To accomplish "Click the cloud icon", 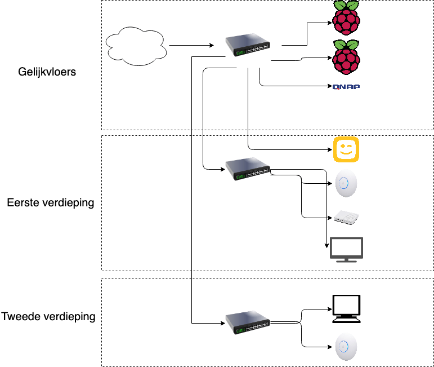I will (136, 45).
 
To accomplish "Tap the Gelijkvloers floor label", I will (47, 72).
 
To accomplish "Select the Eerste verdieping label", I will (50, 202).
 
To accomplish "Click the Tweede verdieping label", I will (48, 317).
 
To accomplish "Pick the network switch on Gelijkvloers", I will (248, 46).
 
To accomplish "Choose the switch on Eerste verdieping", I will (248, 169).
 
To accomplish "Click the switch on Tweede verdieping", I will (248, 322).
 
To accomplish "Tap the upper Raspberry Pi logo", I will (346, 19).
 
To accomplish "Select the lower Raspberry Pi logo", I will (346, 57).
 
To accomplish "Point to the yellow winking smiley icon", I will (346, 149).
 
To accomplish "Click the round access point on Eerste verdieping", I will (346, 184).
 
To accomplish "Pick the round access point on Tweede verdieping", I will (346, 347).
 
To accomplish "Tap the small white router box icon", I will (346, 217).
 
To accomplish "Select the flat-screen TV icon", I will (346, 249).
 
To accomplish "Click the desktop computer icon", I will (346, 308).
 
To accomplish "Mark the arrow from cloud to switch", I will (191, 45).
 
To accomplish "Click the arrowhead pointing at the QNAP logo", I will (329, 86).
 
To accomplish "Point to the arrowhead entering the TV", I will (327, 246).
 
